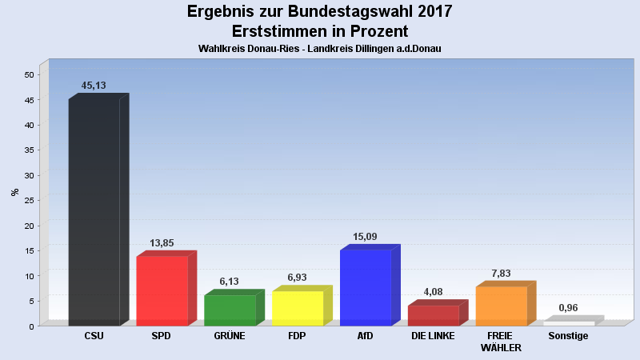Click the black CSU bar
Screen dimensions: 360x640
[94, 212]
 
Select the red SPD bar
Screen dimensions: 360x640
[162, 290]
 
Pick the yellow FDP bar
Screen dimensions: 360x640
[298, 308]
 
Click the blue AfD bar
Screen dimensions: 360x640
[366, 288]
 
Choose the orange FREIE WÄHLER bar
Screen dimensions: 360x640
[502, 306]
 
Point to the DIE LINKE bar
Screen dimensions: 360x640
[433, 315]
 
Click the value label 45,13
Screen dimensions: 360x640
[94, 86]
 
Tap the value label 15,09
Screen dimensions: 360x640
[366, 237]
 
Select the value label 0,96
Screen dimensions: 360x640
[568, 308]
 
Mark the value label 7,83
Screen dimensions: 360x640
[502, 274]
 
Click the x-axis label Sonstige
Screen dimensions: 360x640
[568, 336]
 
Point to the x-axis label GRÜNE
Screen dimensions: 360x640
[230, 336]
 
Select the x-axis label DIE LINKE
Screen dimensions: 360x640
[433, 336]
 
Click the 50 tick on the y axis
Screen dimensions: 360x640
[30, 74]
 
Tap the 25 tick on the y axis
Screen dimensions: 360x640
[30, 201]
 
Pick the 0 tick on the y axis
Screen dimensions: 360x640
[32, 326]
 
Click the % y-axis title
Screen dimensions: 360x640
[14, 192]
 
